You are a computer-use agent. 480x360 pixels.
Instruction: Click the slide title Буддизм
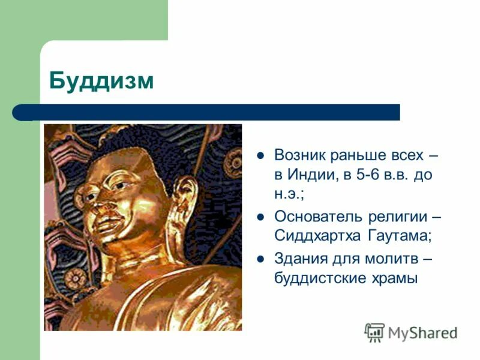pyautogui.click(x=101, y=80)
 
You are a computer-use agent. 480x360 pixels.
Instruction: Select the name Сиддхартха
pyautogui.click(x=316, y=236)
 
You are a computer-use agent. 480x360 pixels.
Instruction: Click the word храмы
pyautogui.click(x=394, y=278)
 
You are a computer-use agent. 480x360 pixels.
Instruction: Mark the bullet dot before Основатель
pyautogui.click(x=260, y=216)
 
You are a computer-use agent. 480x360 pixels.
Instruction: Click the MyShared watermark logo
pyautogui.click(x=411, y=332)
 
